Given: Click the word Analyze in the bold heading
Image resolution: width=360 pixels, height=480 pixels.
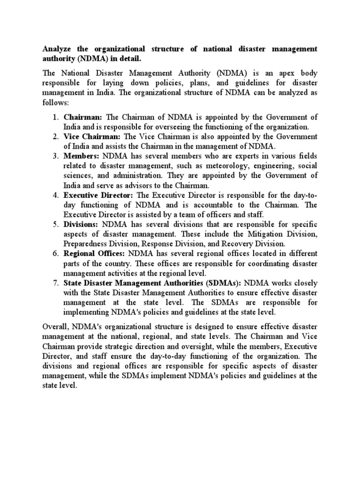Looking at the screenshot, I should click(x=58, y=49).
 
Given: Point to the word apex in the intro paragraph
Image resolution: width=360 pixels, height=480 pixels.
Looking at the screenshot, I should click(x=277, y=74).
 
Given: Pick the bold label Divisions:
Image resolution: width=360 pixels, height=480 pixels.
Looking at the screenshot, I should click(x=82, y=224).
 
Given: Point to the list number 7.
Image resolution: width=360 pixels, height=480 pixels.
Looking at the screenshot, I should click(x=55, y=283).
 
